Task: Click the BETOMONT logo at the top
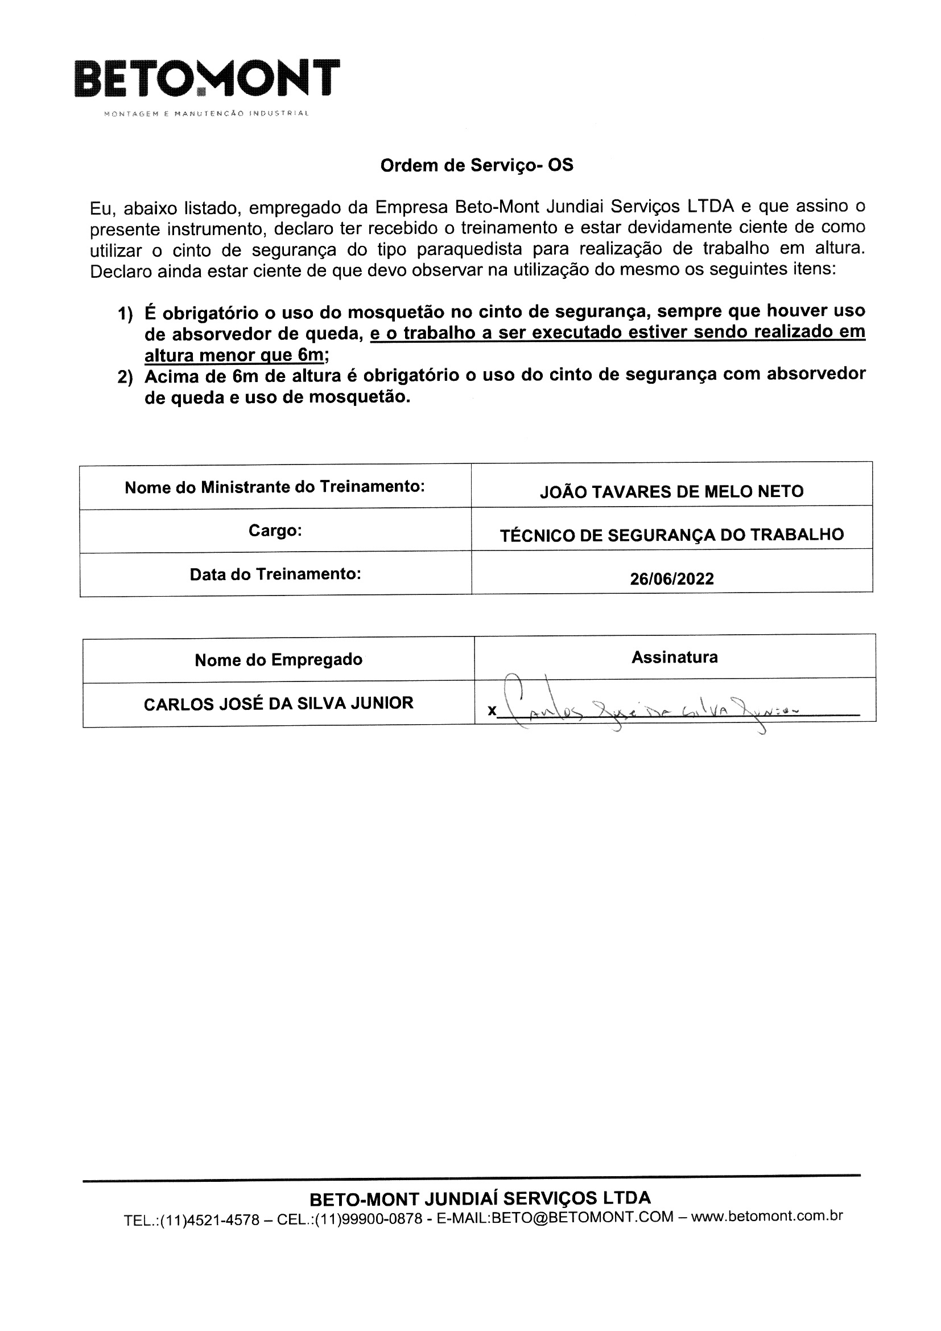point(207,78)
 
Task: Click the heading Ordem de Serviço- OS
point(476,166)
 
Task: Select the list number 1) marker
point(125,314)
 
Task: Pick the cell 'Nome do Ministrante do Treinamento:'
point(275,487)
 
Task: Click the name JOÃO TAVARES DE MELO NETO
point(671,492)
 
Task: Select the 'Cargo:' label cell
point(275,531)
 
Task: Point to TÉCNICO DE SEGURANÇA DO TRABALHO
point(671,535)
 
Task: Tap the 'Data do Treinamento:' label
point(275,574)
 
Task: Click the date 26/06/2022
point(671,578)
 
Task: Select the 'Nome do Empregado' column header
point(278,660)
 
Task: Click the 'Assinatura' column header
point(675,657)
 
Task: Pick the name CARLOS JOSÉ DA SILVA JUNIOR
point(278,703)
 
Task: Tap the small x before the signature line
point(492,710)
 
